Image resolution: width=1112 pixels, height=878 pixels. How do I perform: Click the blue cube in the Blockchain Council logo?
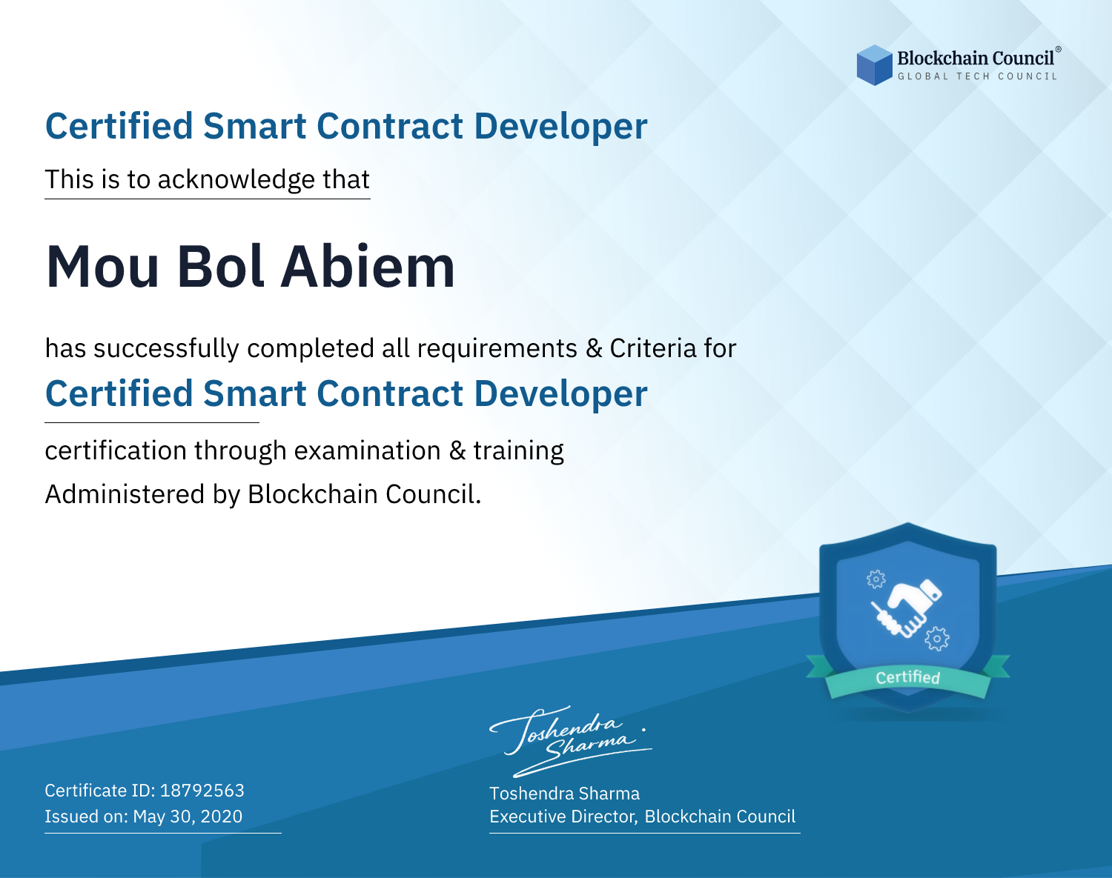874,65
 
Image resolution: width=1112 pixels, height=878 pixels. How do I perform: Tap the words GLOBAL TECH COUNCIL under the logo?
978,76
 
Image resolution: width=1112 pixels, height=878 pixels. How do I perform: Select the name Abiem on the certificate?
368,267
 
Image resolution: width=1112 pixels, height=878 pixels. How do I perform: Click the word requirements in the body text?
497,348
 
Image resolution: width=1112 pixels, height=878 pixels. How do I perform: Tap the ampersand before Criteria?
594,348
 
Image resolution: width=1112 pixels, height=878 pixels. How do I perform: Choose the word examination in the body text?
368,450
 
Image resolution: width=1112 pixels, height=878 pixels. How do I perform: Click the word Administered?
125,494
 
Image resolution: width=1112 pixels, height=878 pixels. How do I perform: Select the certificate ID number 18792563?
202,790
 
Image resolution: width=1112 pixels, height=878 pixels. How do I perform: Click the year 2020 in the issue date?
221,817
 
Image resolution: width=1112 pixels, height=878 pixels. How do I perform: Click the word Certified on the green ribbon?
908,677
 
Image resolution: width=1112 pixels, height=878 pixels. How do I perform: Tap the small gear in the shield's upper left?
876,579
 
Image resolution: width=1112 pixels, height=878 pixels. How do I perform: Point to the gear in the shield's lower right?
937,639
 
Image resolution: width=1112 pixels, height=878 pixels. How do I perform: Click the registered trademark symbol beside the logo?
1059,50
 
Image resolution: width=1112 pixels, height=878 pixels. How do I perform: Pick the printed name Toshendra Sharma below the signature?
564,794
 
